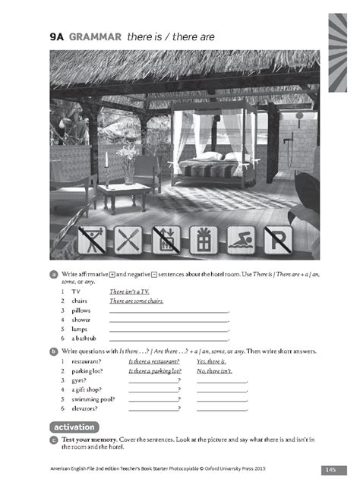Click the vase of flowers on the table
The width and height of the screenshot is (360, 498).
coord(128,162)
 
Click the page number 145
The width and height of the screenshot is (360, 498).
coord(331,470)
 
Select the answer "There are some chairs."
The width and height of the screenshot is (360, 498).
coord(136,301)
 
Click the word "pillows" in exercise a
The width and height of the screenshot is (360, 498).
coord(81,310)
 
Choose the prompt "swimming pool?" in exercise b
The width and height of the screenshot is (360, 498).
coord(90,398)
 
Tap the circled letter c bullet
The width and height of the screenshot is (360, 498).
coord(54,440)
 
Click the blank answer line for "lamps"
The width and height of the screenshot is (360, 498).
coord(169,329)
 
